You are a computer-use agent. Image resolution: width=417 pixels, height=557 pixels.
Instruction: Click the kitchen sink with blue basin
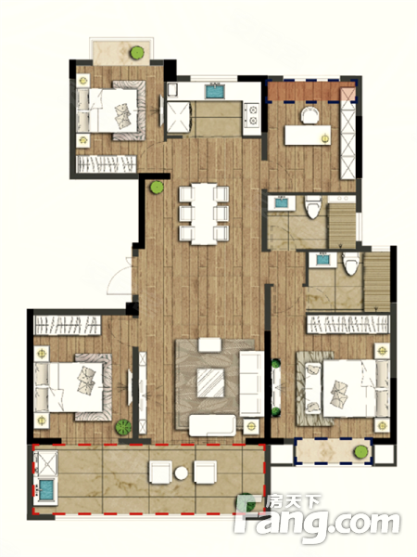[x=215, y=91]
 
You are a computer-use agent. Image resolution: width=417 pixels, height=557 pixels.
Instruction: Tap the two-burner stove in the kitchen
[x=252, y=115]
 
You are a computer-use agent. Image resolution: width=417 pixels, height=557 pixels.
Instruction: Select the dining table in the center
[x=204, y=214]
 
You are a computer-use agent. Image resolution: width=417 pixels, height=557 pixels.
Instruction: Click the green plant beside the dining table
[x=157, y=188]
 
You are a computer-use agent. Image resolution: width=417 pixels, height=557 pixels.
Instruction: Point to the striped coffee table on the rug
[x=210, y=382]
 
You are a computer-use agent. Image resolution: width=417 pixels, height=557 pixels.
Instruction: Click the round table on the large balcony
[x=182, y=473]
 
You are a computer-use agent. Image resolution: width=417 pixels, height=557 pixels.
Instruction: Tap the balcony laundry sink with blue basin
[x=45, y=490]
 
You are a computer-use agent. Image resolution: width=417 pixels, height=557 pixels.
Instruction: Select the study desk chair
[x=310, y=115]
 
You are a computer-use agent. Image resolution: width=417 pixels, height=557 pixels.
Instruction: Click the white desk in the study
[x=308, y=135]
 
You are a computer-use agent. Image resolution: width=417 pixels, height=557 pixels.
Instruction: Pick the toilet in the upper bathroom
[x=313, y=206]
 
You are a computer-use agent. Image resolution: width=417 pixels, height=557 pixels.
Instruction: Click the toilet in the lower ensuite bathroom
[x=351, y=264]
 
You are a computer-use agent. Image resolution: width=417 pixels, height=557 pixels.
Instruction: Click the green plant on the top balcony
[x=137, y=53]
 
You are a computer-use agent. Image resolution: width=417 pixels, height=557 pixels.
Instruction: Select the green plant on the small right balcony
[x=361, y=451]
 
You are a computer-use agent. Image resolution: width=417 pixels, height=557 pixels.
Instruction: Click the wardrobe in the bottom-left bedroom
[x=67, y=326]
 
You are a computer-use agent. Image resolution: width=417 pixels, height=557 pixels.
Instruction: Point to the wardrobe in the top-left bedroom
[x=107, y=164]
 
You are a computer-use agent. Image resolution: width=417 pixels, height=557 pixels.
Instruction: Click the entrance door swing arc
[x=116, y=278]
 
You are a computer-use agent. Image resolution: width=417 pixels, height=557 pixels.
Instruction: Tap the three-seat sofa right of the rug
[x=252, y=383]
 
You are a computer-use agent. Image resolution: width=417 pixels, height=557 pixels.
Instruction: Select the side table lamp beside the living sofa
[x=251, y=426]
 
